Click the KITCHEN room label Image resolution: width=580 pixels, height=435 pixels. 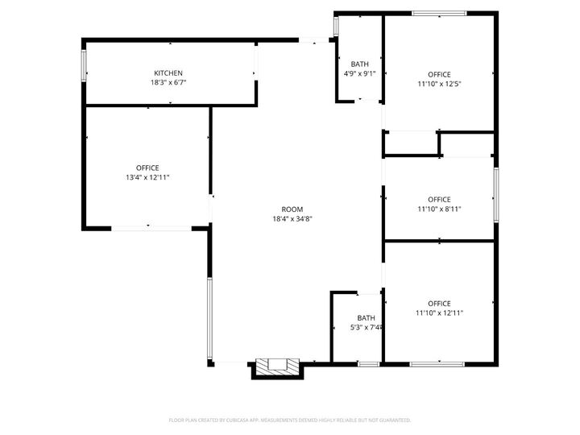[x=168, y=73]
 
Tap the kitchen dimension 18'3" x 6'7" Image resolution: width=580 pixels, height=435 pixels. [x=168, y=82]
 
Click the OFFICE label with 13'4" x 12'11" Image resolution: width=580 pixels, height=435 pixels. [x=147, y=168]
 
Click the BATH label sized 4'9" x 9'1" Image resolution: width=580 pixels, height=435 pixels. [x=359, y=64]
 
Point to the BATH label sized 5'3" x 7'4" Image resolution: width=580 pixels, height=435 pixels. [x=367, y=318]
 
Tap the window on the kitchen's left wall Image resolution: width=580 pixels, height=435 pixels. [x=84, y=65]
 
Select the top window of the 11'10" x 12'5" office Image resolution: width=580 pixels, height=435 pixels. [x=438, y=14]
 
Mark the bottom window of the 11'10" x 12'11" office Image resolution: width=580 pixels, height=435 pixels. [x=438, y=364]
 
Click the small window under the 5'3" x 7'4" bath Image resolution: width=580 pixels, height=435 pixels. [x=368, y=364]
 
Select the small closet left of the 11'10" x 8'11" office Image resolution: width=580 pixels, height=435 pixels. [x=410, y=143]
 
